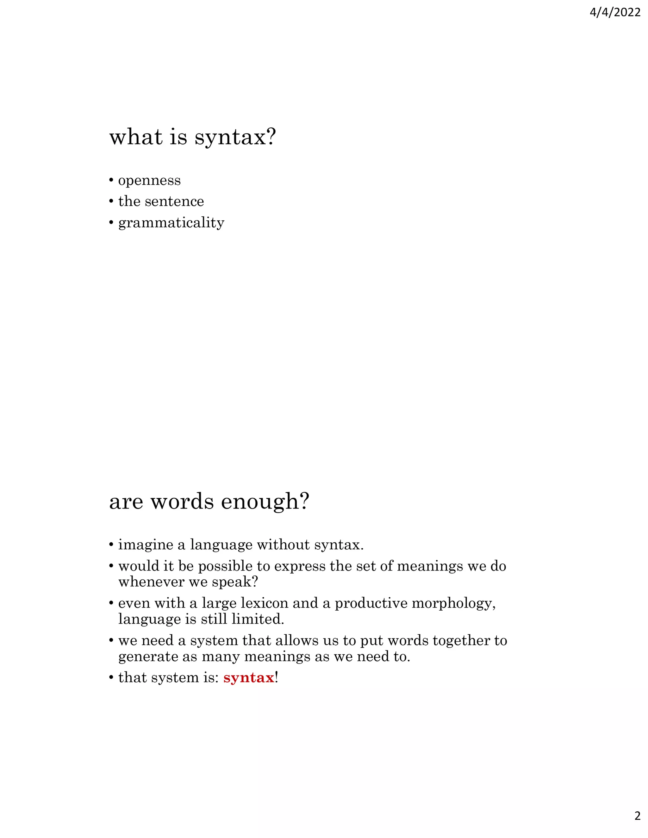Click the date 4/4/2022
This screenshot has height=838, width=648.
click(x=614, y=13)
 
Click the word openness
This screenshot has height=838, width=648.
click(x=149, y=180)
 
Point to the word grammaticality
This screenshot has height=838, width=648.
click(x=171, y=223)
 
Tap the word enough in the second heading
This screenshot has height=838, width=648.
click(x=265, y=502)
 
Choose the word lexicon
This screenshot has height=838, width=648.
click(x=264, y=603)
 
